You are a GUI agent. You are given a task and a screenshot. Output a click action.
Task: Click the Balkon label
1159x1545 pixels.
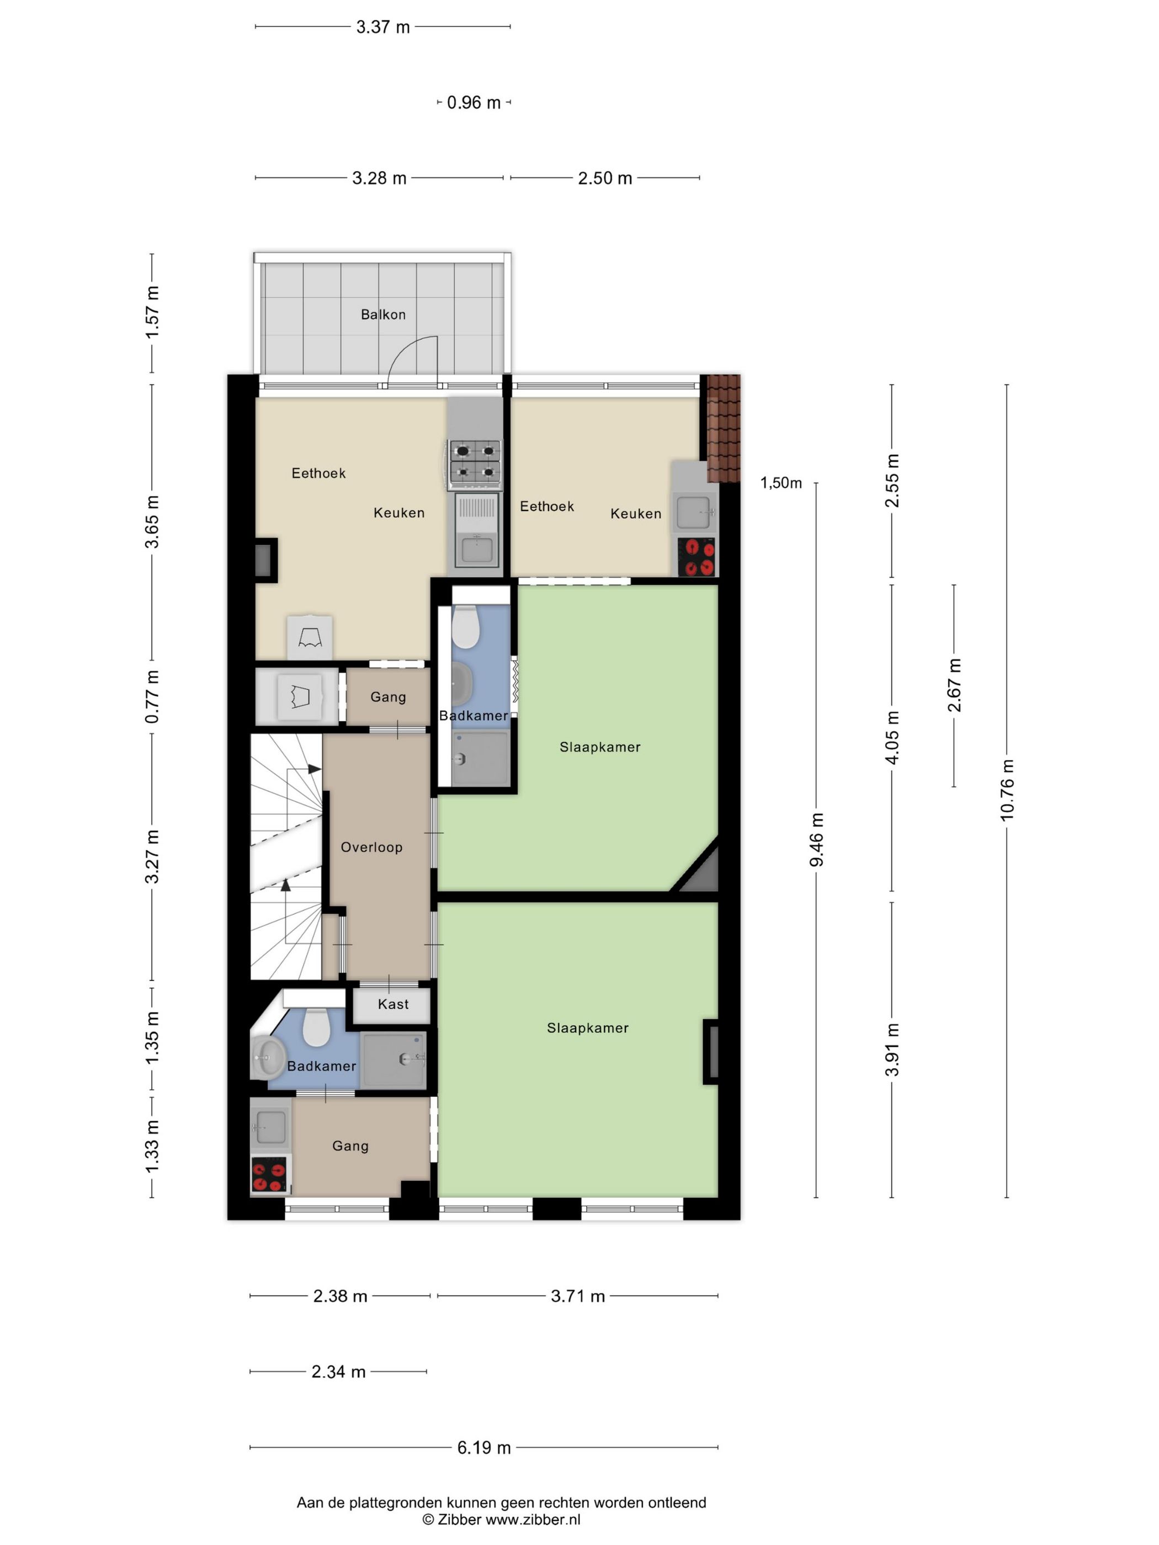tap(383, 315)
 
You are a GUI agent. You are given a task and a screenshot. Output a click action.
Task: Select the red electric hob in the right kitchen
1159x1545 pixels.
tap(697, 557)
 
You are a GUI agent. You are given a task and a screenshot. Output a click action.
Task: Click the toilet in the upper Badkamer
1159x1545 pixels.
tap(465, 626)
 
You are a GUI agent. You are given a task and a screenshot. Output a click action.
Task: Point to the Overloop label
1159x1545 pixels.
tap(371, 847)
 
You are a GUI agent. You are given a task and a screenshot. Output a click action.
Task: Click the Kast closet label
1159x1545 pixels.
tap(392, 1004)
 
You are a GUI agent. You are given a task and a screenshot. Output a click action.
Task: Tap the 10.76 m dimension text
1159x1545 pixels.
tap(1007, 789)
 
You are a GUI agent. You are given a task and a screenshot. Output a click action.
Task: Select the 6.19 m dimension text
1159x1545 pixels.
tap(483, 1448)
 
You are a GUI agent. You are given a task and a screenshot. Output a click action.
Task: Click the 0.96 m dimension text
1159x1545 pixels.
tap(474, 103)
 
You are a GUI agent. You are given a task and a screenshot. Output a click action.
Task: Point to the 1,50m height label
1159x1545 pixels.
tap(781, 483)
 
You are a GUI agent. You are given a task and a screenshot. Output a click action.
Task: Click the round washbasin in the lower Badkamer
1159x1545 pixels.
tap(267, 1057)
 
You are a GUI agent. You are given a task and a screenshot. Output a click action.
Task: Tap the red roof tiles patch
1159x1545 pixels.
tap(724, 428)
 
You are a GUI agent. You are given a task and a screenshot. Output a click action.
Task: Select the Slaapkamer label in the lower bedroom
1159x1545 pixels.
tap(588, 1028)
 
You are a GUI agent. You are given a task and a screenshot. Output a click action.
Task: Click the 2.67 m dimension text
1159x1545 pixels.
tap(954, 685)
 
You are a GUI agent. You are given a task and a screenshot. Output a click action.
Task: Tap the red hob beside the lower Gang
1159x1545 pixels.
tap(269, 1175)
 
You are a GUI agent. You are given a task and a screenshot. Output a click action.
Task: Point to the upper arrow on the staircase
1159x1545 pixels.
tap(313, 769)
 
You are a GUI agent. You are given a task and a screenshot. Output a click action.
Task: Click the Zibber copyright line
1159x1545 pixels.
tap(501, 1520)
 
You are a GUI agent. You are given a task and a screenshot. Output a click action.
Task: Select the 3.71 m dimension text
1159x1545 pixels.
tap(577, 1296)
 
